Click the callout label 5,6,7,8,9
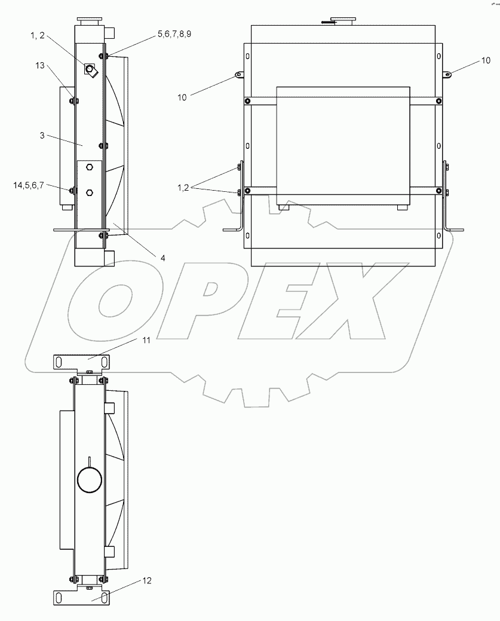click(x=174, y=34)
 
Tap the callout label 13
click(x=40, y=66)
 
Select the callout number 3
click(x=42, y=136)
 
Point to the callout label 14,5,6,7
click(x=28, y=185)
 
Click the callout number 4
click(x=162, y=258)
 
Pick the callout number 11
click(x=146, y=340)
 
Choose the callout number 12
click(x=147, y=580)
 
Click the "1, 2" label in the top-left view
click(x=39, y=36)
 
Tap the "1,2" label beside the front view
click(x=183, y=188)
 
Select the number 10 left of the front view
click(x=182, y=97)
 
